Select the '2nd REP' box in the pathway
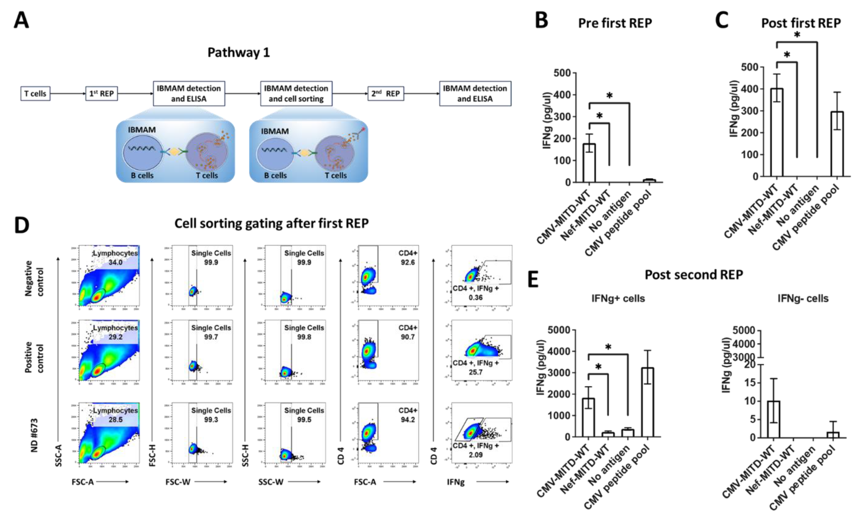(x=385, y=93)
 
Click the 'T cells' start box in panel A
(x=35, y=93)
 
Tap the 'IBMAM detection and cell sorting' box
(x=296, y=93)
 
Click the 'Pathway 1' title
(x=239, y=53)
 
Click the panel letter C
(x=722, y=20)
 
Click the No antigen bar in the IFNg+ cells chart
(x=628, y=433)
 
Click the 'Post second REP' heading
(x=694, y=275)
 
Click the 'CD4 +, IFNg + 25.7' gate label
(x=476, y=368)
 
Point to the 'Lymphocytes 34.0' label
(x=115, y=257)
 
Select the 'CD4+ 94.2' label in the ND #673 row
(x=407, y=415)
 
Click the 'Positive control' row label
(x=34, y=357)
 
